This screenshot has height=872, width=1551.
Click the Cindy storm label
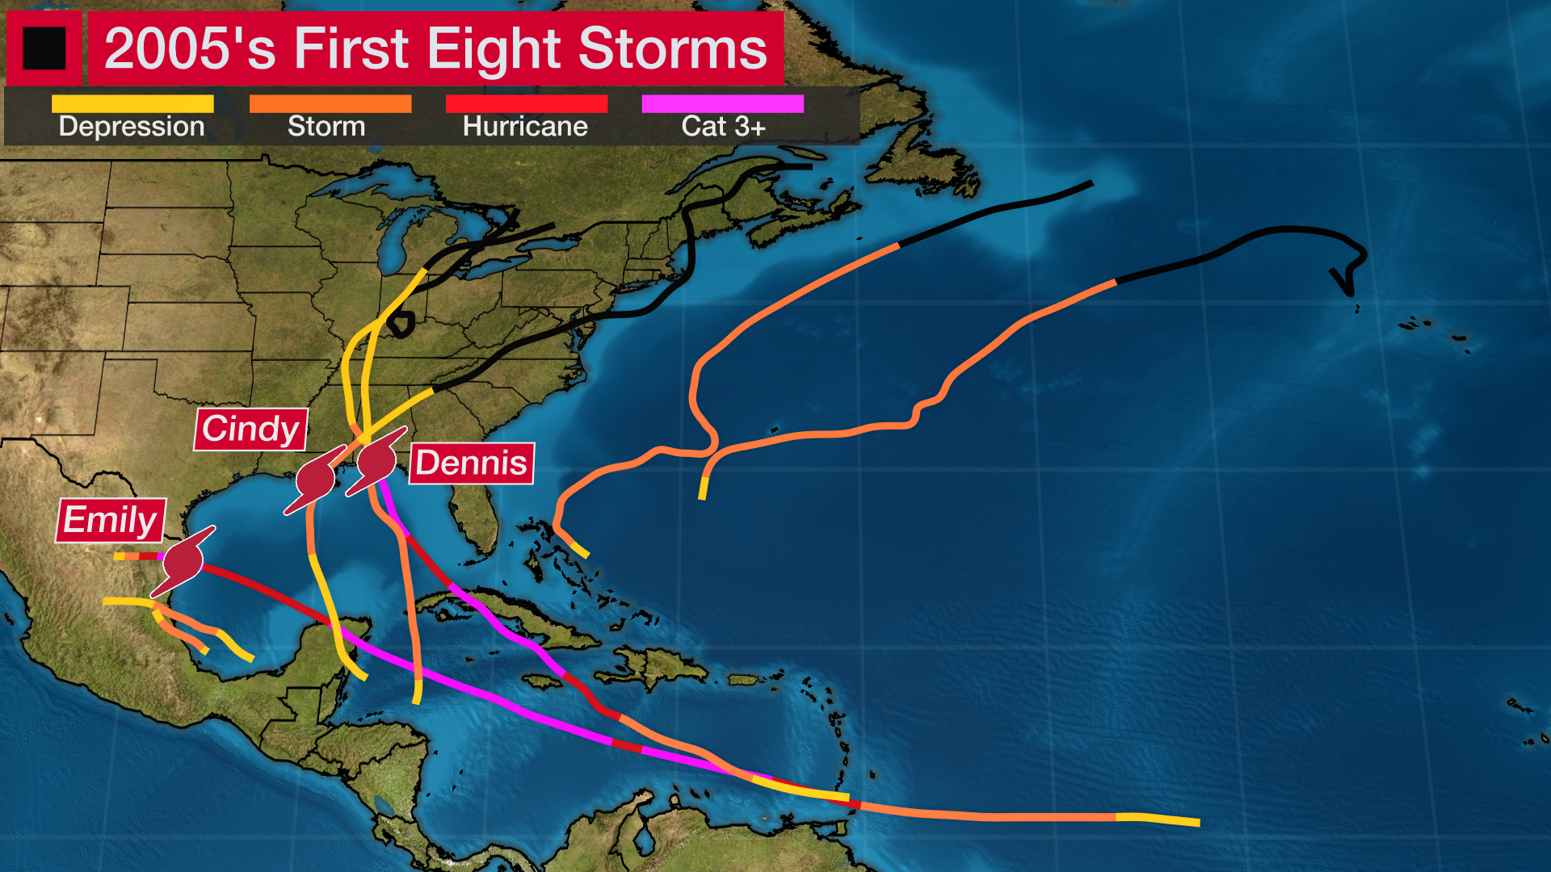point(250,429)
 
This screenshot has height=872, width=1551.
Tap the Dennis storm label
point(471,463)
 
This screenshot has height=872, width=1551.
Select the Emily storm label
point(111,520)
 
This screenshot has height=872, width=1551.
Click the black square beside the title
point(44,48)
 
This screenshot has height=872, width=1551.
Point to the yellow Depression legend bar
point(132,104)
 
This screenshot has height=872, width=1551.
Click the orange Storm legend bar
point(330,104)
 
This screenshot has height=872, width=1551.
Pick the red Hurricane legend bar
point(526,104)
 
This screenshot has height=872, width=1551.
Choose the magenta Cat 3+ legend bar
point(722,104)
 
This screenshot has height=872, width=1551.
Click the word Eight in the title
point(493,48)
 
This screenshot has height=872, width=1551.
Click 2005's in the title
point(190,48)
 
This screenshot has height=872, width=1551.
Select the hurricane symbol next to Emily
point(183,560)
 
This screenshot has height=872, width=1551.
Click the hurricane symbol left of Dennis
point(376,461)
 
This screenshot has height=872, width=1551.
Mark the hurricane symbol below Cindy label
point(315,480)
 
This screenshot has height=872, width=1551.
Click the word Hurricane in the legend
point(525,127)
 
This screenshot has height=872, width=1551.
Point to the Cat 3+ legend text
point(723,127)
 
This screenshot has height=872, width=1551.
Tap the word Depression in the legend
point(132,127)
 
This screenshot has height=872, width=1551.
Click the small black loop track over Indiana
point(401,325)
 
